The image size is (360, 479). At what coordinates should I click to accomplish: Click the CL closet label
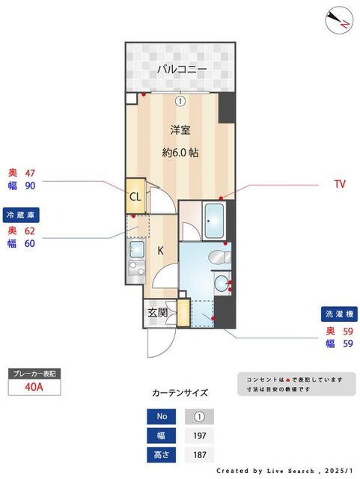(x=135, y=197)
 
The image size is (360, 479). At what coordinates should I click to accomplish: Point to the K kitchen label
(x=160, y=251)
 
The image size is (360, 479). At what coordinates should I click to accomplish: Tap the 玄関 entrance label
(x=157, y=312)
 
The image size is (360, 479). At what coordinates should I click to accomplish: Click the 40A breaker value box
(x=33, y=387)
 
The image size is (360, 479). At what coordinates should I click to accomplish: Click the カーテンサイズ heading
(x=180, y=392)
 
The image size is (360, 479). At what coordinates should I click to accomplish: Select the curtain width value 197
(x=199, y=436)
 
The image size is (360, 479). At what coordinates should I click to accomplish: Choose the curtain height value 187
(x=199, y=454)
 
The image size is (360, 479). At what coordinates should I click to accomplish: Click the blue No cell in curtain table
(x=162, y=417)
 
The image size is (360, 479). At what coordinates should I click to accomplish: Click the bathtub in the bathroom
(x=219, y=220)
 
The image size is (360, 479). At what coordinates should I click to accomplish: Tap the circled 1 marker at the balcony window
(x=180, y=100)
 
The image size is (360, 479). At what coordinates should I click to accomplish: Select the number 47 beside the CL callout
(x=31, y=173)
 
